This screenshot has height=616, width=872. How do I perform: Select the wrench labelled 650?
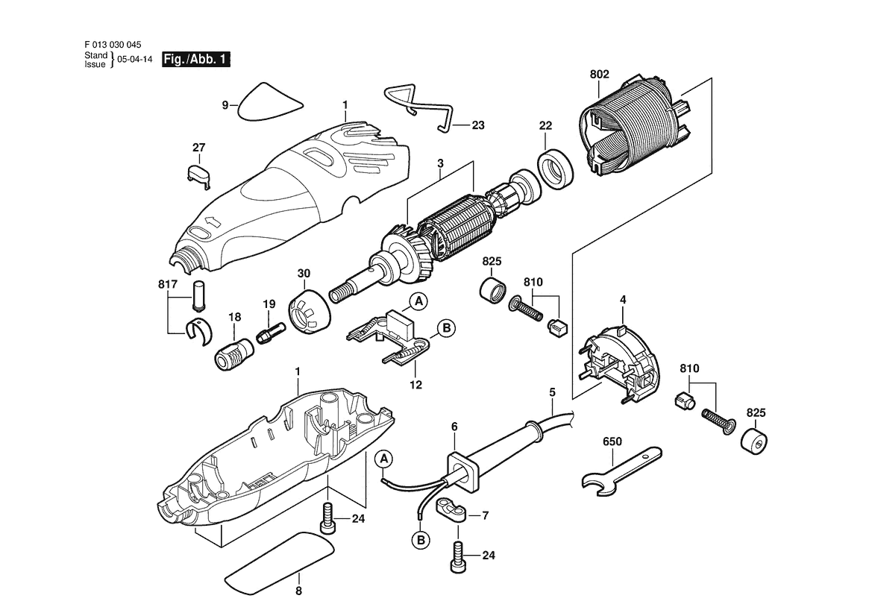coord(620,469)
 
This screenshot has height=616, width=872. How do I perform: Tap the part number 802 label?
coord(599,75)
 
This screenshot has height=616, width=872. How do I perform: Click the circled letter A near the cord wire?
coord(383,457)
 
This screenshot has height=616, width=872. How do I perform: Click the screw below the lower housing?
coord(327,517)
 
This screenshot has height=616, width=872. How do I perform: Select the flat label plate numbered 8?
coord(277,556)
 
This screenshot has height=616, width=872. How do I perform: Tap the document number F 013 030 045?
coord(113,44)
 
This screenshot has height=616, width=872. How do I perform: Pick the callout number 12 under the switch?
coord(415,385)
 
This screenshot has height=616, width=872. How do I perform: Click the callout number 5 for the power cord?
coord(552,392)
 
